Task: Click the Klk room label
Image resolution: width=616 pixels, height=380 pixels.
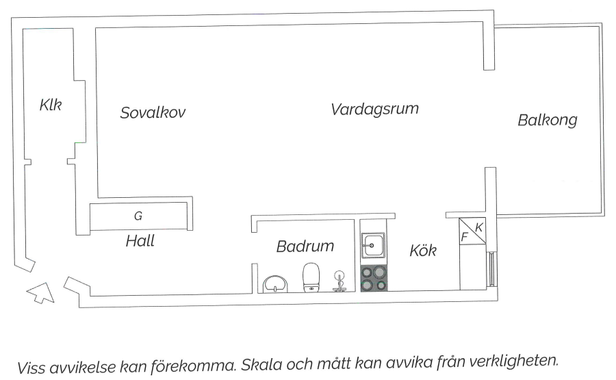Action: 51,105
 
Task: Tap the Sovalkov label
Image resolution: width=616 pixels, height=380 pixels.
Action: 153,113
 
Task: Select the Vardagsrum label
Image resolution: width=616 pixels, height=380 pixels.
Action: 374,109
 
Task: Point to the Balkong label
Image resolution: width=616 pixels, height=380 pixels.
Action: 547,121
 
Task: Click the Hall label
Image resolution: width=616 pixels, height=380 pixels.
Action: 140,241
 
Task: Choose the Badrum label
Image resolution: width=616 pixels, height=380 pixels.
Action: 305,246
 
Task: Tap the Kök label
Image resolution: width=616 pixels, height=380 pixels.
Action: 423,251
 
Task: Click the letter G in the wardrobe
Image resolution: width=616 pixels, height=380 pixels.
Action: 138,216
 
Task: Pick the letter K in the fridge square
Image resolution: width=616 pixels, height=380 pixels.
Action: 479,227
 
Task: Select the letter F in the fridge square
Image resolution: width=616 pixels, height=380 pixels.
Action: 465,238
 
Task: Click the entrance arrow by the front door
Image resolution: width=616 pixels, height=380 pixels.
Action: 41,292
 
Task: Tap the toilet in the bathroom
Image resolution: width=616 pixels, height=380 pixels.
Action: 312,276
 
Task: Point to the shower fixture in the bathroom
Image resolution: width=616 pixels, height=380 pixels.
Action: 339,281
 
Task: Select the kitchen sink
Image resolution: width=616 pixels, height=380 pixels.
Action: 374,244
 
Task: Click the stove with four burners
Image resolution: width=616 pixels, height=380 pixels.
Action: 374,278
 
